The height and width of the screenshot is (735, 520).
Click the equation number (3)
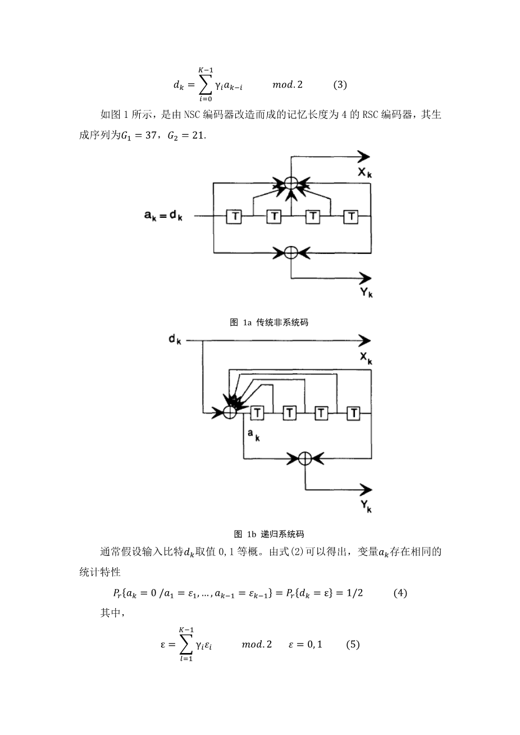340,85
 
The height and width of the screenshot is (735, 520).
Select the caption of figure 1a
269,322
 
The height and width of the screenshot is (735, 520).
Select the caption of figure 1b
269,534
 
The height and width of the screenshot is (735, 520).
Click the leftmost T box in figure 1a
234,217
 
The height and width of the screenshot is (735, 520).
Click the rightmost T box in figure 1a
351,217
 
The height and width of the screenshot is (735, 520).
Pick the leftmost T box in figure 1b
257,413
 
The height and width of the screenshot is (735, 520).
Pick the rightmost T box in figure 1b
354,413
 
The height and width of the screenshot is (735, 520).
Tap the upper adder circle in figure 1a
291,182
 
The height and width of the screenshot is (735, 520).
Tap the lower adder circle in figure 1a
291,253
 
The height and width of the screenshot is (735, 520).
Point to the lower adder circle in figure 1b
305,458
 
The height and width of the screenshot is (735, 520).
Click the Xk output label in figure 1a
365,172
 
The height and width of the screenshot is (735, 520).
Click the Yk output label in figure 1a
366,292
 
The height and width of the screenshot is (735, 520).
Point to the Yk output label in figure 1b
366,506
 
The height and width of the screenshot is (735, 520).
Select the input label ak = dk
163,216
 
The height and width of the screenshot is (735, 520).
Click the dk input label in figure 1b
175,339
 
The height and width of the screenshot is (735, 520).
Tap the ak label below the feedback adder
254,435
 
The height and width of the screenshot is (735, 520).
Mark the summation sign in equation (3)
205,85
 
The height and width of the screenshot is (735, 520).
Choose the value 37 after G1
151,135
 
